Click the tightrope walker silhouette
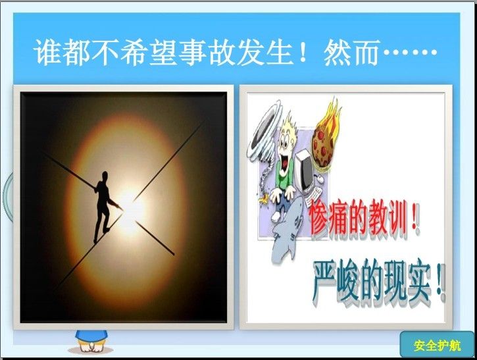104,207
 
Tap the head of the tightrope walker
105,176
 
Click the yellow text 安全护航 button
437,346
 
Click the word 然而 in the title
352,52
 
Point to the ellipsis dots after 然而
410,52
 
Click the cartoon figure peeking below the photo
91,341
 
